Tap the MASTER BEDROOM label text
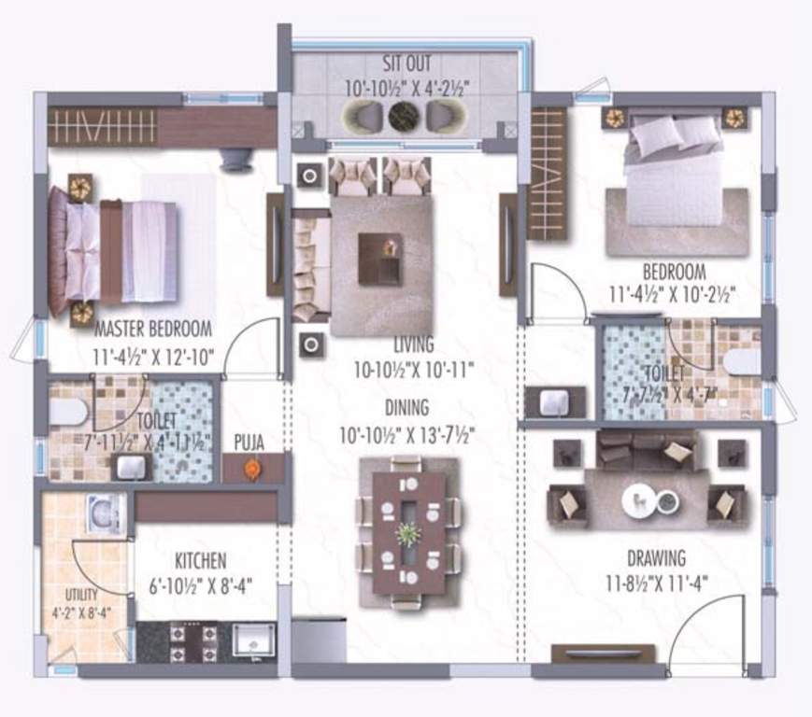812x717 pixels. click(x=153, y=330)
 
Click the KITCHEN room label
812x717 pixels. click(x=200, y=561)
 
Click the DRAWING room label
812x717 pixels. click(x=655, y=558)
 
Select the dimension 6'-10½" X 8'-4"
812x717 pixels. click(x=200, y=586)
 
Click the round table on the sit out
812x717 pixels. click(x=404, y=117)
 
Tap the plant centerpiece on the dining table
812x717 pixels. click(x=407, y=535)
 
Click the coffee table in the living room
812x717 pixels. click(x=381, y=258)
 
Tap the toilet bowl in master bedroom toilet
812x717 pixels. click(x=67, y=411)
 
